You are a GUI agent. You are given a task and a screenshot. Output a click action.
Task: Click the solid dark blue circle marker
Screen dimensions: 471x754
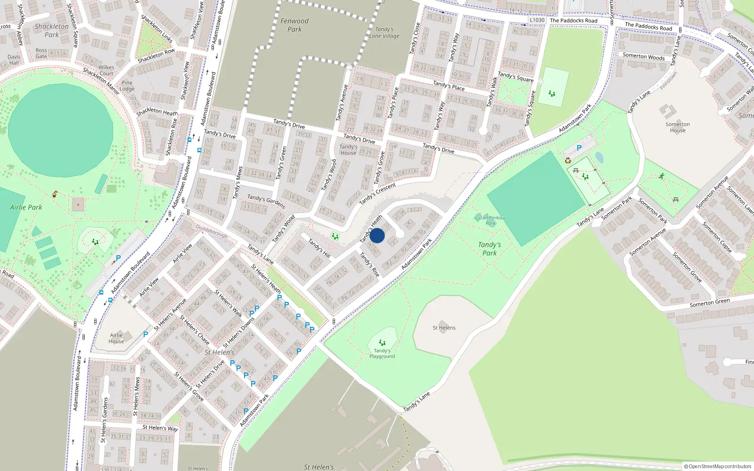click(x=377, y=235)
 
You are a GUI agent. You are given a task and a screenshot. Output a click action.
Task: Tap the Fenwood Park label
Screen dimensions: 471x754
click(x=295, y=25)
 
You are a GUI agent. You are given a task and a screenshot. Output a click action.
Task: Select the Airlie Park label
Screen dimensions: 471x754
click(x=26, y=207)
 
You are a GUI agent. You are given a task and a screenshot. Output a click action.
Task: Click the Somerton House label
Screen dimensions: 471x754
click(x=678, y=127)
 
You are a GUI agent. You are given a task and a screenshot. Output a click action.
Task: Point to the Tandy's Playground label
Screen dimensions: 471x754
click(x=382, y=353)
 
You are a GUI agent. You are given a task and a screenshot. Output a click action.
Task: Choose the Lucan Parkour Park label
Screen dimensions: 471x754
click(x=490, y=220)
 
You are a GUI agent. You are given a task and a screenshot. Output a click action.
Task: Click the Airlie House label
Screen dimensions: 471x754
click(x=116, y=338)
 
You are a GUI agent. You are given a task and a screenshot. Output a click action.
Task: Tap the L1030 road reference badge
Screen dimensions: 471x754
click(x=537, y=20)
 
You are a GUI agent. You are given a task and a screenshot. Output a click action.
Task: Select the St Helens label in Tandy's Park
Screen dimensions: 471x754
click(x=444, y=328)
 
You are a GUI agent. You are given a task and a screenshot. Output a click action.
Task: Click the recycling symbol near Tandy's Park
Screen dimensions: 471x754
click(x=568, y=161)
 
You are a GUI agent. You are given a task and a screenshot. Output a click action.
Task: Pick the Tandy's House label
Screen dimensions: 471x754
click(x=348, y=150)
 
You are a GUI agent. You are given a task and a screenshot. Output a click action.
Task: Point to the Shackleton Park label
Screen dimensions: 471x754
click(x=51, y=31)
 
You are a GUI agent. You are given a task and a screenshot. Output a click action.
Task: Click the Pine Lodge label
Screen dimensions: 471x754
click(x=127, y=86)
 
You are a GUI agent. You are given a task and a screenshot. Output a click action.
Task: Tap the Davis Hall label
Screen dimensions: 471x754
click(x=14, y=60)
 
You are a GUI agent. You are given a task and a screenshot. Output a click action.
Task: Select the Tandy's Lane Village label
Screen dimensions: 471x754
click(x=384, y=32)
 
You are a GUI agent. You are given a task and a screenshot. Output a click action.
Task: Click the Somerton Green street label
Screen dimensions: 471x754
click(x=710, y=303)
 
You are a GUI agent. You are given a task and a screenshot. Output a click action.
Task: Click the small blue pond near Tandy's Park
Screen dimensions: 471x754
click(x=599, y=157)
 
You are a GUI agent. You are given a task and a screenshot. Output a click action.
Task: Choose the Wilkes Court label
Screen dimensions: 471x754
click(x=107, y=70)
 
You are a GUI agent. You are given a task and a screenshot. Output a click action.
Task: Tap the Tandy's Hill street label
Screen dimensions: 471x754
click(x=319, y=248)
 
